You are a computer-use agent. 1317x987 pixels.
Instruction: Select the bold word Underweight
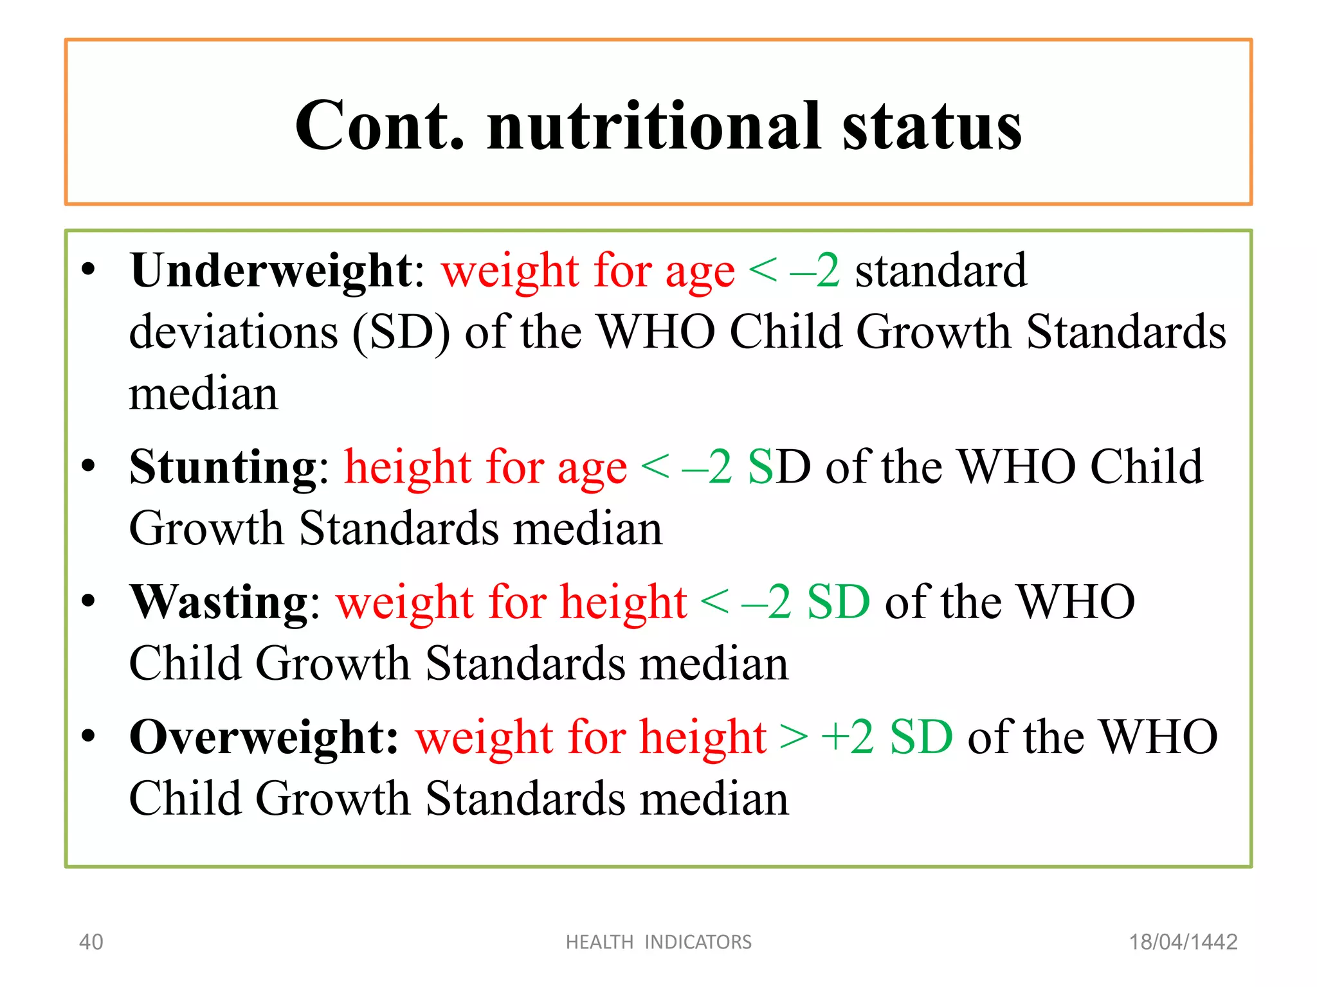click(x=271, y=271)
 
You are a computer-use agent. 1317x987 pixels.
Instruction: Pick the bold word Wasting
click(x=219, y=602)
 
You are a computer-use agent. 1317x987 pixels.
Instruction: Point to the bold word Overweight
click(x=264, y=737)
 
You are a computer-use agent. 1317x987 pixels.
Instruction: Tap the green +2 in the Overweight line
click(x=848, y=737)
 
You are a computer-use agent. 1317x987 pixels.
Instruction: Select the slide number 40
click(x=91, y=942)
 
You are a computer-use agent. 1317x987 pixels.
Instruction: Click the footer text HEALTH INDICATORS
click(x=658, y=942)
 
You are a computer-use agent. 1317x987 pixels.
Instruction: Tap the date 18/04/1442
click(x=1183, y=942)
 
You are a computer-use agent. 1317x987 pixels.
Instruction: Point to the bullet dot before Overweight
click(x=89, y=736)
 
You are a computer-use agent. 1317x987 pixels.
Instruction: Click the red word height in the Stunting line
click(x=408, y=467)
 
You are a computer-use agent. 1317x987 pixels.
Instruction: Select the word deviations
click(x=233, y=333)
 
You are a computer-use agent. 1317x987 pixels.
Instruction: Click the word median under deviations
click(x=203, y=394)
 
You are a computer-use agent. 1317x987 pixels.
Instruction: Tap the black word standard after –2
click(x=941, y=271)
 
